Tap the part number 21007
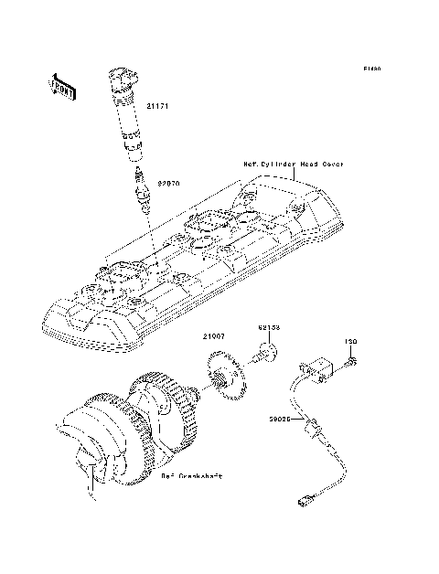pos(214,337)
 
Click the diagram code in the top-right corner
pos(369,69)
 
